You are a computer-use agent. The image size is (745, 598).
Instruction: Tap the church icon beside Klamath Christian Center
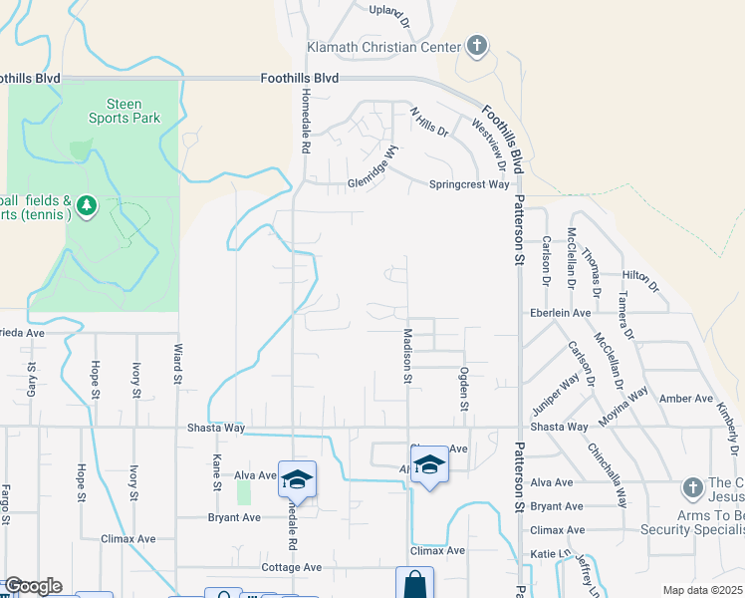(477, 46)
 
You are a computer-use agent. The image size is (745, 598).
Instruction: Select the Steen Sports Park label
(124, 111)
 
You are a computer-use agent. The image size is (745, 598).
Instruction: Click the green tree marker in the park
(87, 206)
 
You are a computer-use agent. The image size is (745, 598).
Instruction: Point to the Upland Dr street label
(389, 12)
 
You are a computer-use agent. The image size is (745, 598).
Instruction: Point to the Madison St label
(407, 357)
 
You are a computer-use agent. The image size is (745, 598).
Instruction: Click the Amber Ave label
(686, 399)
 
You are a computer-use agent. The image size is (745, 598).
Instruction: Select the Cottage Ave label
(290, 567)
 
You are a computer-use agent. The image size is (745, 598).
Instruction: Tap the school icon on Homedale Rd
(297, 479)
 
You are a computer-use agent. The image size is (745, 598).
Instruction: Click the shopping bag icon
(414, 583)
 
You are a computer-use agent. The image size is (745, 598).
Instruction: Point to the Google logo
(33, 586)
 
